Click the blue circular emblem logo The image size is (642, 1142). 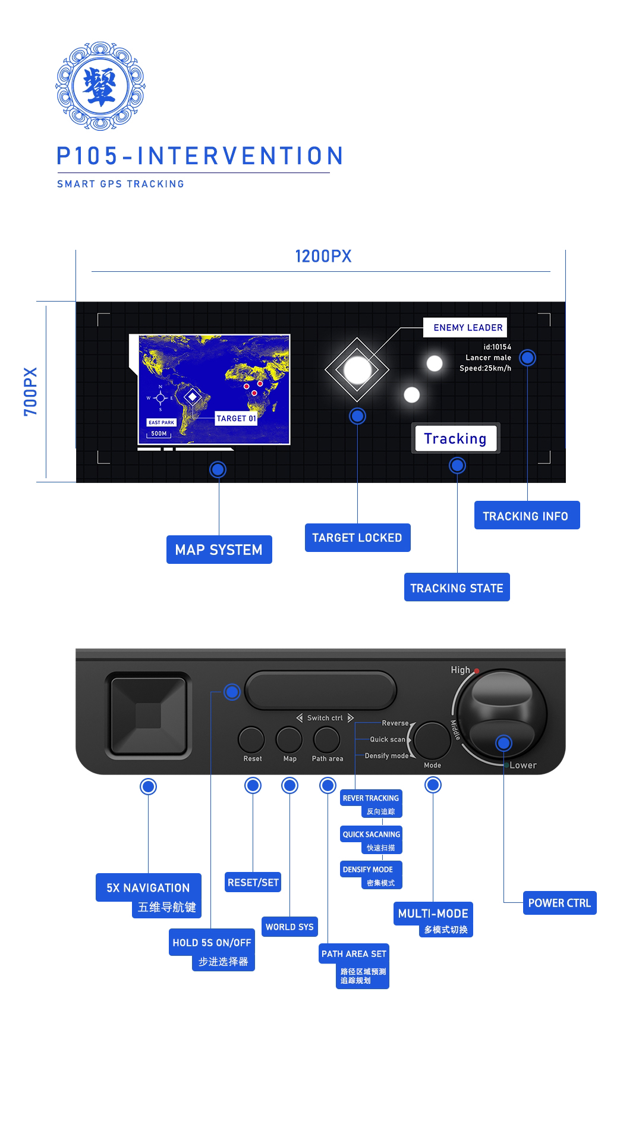point(100,86)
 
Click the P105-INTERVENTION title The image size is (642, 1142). point(200,156)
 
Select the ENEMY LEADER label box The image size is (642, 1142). point(465,328)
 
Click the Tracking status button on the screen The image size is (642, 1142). point(455,438)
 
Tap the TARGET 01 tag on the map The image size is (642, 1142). point(236,419)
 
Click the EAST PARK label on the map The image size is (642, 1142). point(161,422)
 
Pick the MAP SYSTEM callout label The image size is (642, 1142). point(219,550)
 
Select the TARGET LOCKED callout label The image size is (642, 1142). point(357,538)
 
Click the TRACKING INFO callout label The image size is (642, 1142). point(526,516)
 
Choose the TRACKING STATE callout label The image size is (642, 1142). point(457,588)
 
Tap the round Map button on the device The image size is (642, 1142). point(289,740)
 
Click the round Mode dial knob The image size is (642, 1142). point(432,740)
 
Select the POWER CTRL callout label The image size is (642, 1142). point(559,903)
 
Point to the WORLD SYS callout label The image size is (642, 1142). point(289,927)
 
